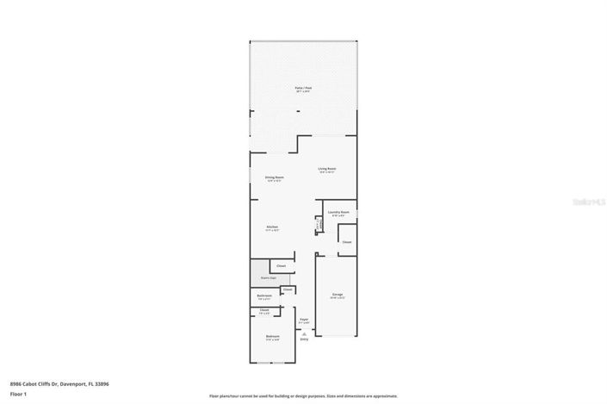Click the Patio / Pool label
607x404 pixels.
tap(304, 88)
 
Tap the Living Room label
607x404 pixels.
tap(326, 169)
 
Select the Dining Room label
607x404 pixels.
tap(275, 177)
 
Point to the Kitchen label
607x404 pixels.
tap(272, 227)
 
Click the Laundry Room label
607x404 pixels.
tap(338, 212)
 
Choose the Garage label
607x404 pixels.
tap(338, 295)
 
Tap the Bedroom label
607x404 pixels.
tap(272, 336)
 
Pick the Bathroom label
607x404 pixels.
tap(264, 296)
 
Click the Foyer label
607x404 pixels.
tap(304, 320)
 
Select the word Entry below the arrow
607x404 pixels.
tap(304, 339)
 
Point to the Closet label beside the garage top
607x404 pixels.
tap(347, 242)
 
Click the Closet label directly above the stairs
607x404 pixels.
tap(281, 266)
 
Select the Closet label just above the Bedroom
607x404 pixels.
tap(264, 310)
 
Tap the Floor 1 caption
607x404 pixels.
tap(17, 394)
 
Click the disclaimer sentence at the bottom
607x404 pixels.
tap(303, 396)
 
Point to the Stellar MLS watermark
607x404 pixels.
tap(593, 202)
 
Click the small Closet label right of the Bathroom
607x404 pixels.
tap(288, 290)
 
